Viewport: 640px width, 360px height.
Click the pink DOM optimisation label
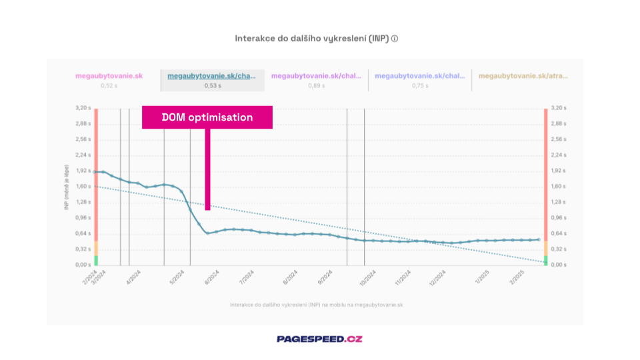coord(207,117)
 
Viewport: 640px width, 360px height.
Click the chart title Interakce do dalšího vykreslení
coord(311,39)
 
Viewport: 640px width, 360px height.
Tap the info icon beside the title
coord(395,39)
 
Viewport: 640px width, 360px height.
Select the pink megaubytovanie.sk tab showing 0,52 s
coord(109,80)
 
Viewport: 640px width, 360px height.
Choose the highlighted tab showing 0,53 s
coord(212,80)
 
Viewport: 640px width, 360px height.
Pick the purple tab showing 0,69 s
coord(316,80)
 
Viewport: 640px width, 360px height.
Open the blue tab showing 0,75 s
coord(420,80)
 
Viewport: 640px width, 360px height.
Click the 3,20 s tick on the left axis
coord(83,107)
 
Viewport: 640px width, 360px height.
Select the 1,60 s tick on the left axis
coord(83,186)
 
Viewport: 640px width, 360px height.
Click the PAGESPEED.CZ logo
coord(320,339)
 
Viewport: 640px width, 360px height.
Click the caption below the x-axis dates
coord(316,305)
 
